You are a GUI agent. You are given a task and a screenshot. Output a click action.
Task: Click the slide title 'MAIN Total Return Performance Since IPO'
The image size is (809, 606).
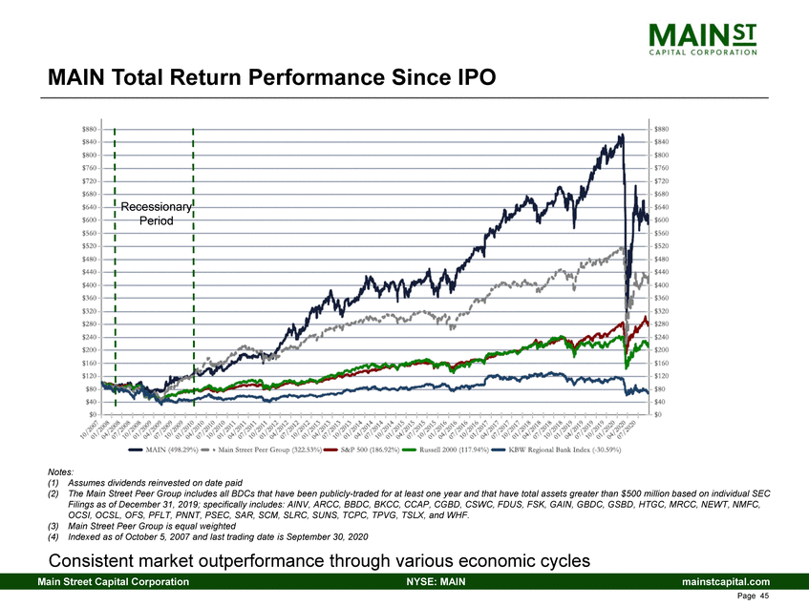coord(271,76)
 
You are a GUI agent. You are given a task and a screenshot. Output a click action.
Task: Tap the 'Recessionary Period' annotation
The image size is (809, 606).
coord(156,213)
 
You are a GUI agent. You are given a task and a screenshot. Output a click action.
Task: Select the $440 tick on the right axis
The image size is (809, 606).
coord(661,272)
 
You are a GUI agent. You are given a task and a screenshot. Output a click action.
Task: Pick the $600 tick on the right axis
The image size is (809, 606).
coord(661,219)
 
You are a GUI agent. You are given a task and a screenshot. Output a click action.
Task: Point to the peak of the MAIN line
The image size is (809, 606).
coord(621,136)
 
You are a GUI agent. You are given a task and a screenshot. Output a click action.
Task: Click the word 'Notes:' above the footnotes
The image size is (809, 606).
coord(59,471)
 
